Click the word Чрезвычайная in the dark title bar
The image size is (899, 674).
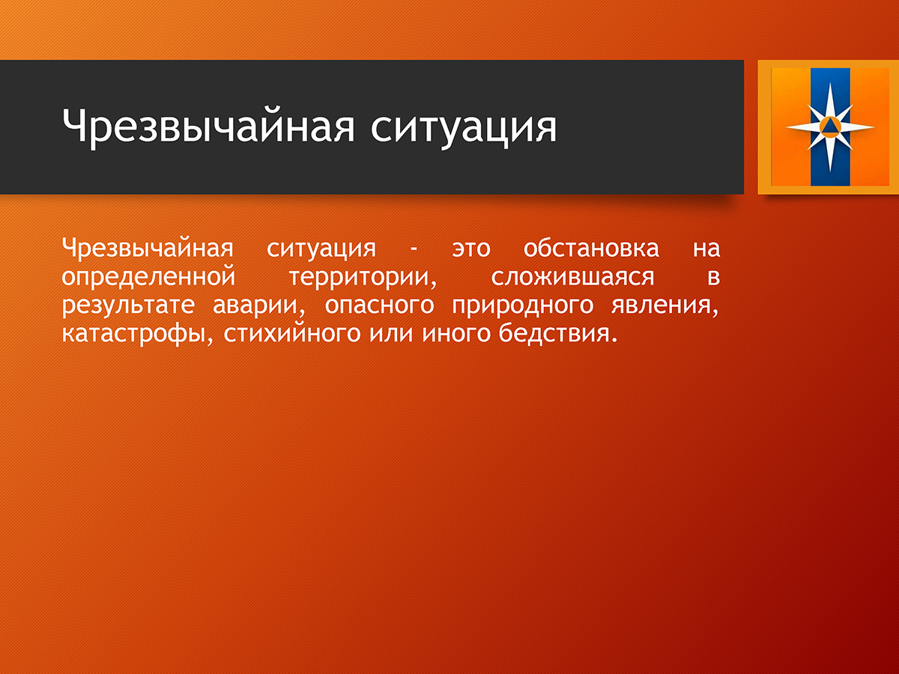pyautogui.click(x=208, y=126)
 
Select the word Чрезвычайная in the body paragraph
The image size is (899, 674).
pyautogui.click(x=148, y=248)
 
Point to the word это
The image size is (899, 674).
pyautogui.click(x=471, y=249)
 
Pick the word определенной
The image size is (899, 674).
pyautogui.click(x=148, y=276)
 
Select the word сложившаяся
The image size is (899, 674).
pyautogui.click(x=572, y=277)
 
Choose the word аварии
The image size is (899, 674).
pyautogui.click(x=259, y=306)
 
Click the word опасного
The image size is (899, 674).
pyautogui.click(x=379, y=306)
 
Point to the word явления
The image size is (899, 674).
pyautogui.click(x=665, y=306)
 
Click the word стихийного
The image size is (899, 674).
pyautogui.click(x=292, y=333)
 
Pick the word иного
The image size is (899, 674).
pyautogui.click(x=455, y=334)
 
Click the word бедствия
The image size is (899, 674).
pyautogui.click(x=558, y=333)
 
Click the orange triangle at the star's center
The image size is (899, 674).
pyautogui.click(x=830, y=126)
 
